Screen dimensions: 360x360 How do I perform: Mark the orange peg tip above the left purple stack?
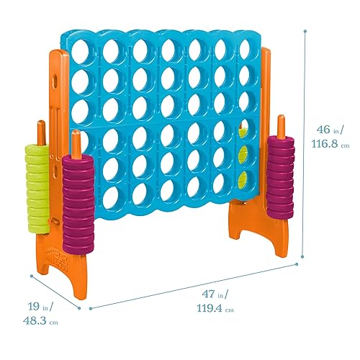75,136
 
